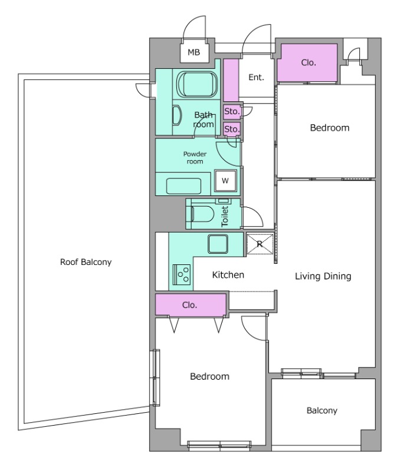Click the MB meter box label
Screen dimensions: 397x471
(194, 52)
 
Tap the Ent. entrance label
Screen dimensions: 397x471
(256, 78)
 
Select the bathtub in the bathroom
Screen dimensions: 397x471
(197, 84)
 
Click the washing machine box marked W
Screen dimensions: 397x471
(225, 181)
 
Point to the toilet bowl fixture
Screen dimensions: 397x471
(201, 214)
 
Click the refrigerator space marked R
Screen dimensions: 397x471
(260, 244)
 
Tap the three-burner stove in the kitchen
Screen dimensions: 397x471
(182, 274)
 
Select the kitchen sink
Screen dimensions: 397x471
(218, 244)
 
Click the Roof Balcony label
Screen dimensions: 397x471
(86, 262)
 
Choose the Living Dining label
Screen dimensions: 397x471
(323, 276)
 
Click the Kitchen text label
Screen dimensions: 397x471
(228, 274)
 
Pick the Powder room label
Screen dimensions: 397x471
(195, 158)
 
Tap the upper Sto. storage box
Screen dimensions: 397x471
(232, 111)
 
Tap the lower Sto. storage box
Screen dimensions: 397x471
(232, 129)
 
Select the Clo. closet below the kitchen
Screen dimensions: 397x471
(191, 305)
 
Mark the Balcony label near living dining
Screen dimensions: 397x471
(321, 410)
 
